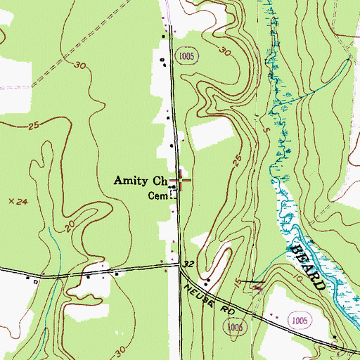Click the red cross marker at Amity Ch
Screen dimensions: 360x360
(x=180, y=181)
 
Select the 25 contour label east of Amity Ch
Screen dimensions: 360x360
(x=237, y=161)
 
